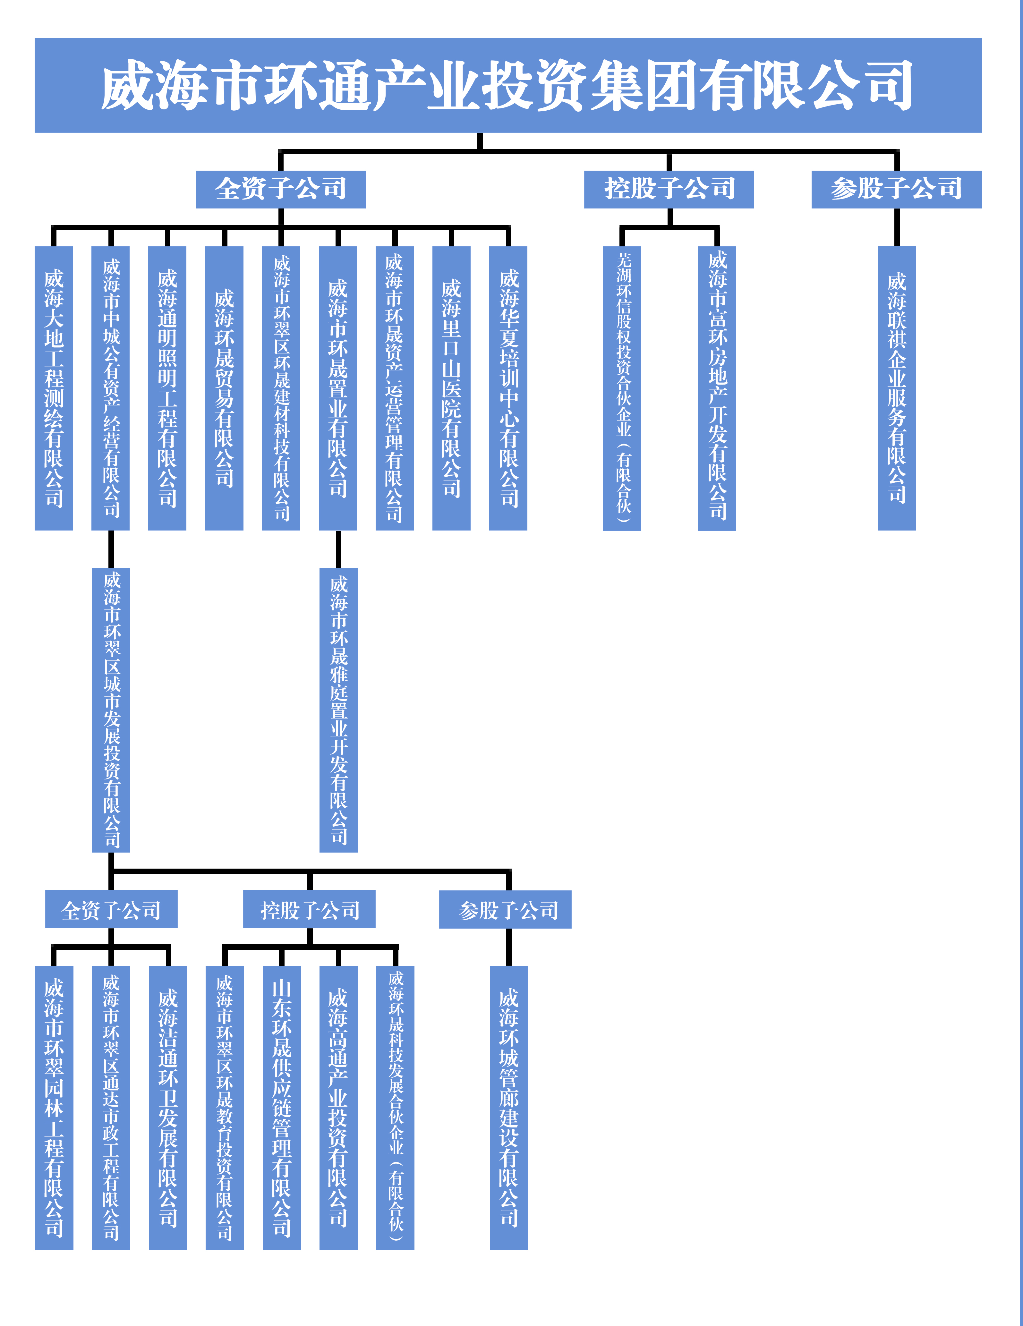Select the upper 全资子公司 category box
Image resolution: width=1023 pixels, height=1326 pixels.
[x=280, y=190]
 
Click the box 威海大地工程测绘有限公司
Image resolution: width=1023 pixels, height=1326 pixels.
[x=54, y=388]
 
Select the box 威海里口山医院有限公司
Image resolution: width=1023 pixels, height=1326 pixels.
[x=451, y=388]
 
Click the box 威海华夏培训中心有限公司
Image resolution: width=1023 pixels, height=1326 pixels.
[x=508, y=388]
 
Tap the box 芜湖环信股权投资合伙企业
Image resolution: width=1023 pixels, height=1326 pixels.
[x=622, y=388]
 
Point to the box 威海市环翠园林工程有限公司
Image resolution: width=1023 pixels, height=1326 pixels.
[x=54, y=1108]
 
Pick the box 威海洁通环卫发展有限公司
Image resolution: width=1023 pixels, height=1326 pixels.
[x=167, y=1108]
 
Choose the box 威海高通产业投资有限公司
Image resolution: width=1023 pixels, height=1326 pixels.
[x=338, y=1108]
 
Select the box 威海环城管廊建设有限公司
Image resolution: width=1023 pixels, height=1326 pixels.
[x=509, y=1108]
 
